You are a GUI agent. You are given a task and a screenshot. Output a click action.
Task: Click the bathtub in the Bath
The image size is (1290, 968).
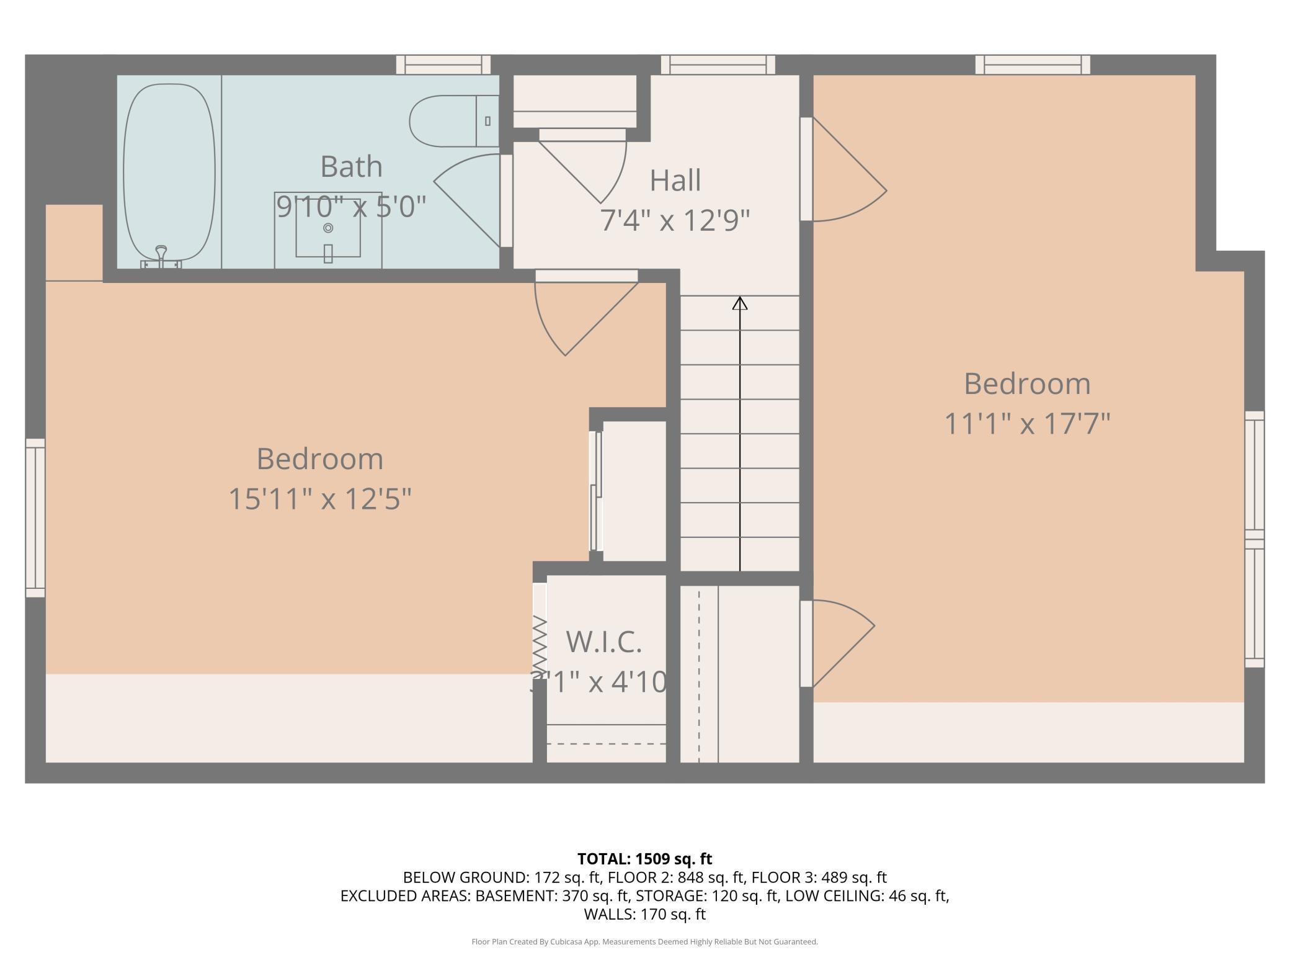pos(169,173)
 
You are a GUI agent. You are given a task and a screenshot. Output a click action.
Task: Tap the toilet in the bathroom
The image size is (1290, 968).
pos(454,121)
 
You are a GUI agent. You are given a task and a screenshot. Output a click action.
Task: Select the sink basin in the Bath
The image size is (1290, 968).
pos(328,228)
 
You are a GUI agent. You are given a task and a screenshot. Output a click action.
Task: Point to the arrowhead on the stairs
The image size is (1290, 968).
pos(740,303)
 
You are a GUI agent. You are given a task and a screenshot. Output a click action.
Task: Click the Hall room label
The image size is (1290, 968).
pos(675,181)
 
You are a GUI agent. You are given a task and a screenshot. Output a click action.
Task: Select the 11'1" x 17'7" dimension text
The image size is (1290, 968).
pos(1027,424)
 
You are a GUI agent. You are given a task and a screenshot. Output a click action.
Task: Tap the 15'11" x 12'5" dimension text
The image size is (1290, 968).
pos(320,499)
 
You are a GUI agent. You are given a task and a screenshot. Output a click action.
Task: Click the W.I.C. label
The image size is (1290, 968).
pos(603,642)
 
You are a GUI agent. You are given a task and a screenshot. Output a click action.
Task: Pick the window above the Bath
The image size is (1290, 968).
pos(443,65)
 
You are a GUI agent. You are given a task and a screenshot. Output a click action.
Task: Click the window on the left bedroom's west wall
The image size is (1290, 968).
pos(35,518)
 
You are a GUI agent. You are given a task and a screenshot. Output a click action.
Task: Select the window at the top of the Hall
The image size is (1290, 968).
pos(718,65)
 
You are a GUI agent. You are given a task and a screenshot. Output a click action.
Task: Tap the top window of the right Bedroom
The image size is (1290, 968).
pos(1033,65)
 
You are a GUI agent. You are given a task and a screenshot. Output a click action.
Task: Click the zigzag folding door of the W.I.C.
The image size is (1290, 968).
pos(540,642)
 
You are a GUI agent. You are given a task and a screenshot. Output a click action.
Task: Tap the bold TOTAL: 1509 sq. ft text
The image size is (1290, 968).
pos(644,859)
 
